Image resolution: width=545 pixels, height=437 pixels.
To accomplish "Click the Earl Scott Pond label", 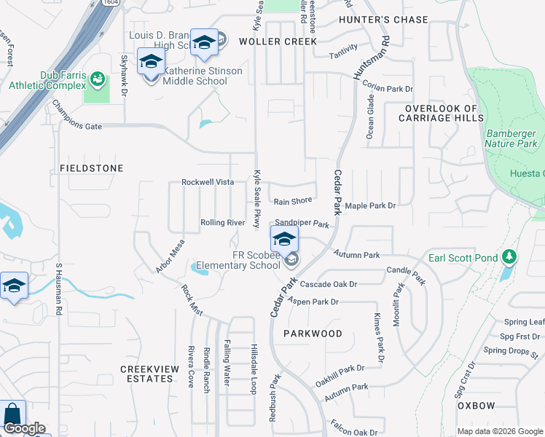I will (x=463, y=258).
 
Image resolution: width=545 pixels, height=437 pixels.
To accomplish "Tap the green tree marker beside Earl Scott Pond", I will (x=509, y=258).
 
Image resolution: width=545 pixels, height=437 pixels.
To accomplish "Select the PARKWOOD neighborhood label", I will (x=314, y=334).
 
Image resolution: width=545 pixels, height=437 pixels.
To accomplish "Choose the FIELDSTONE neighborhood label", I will (x=91, y=168).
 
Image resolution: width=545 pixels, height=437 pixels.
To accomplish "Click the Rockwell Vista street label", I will (x=208, y=182).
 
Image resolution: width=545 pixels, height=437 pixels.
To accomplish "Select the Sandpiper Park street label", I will (x=302, y=225).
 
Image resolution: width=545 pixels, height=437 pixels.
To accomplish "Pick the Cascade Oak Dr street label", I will (x=329, y=284).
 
